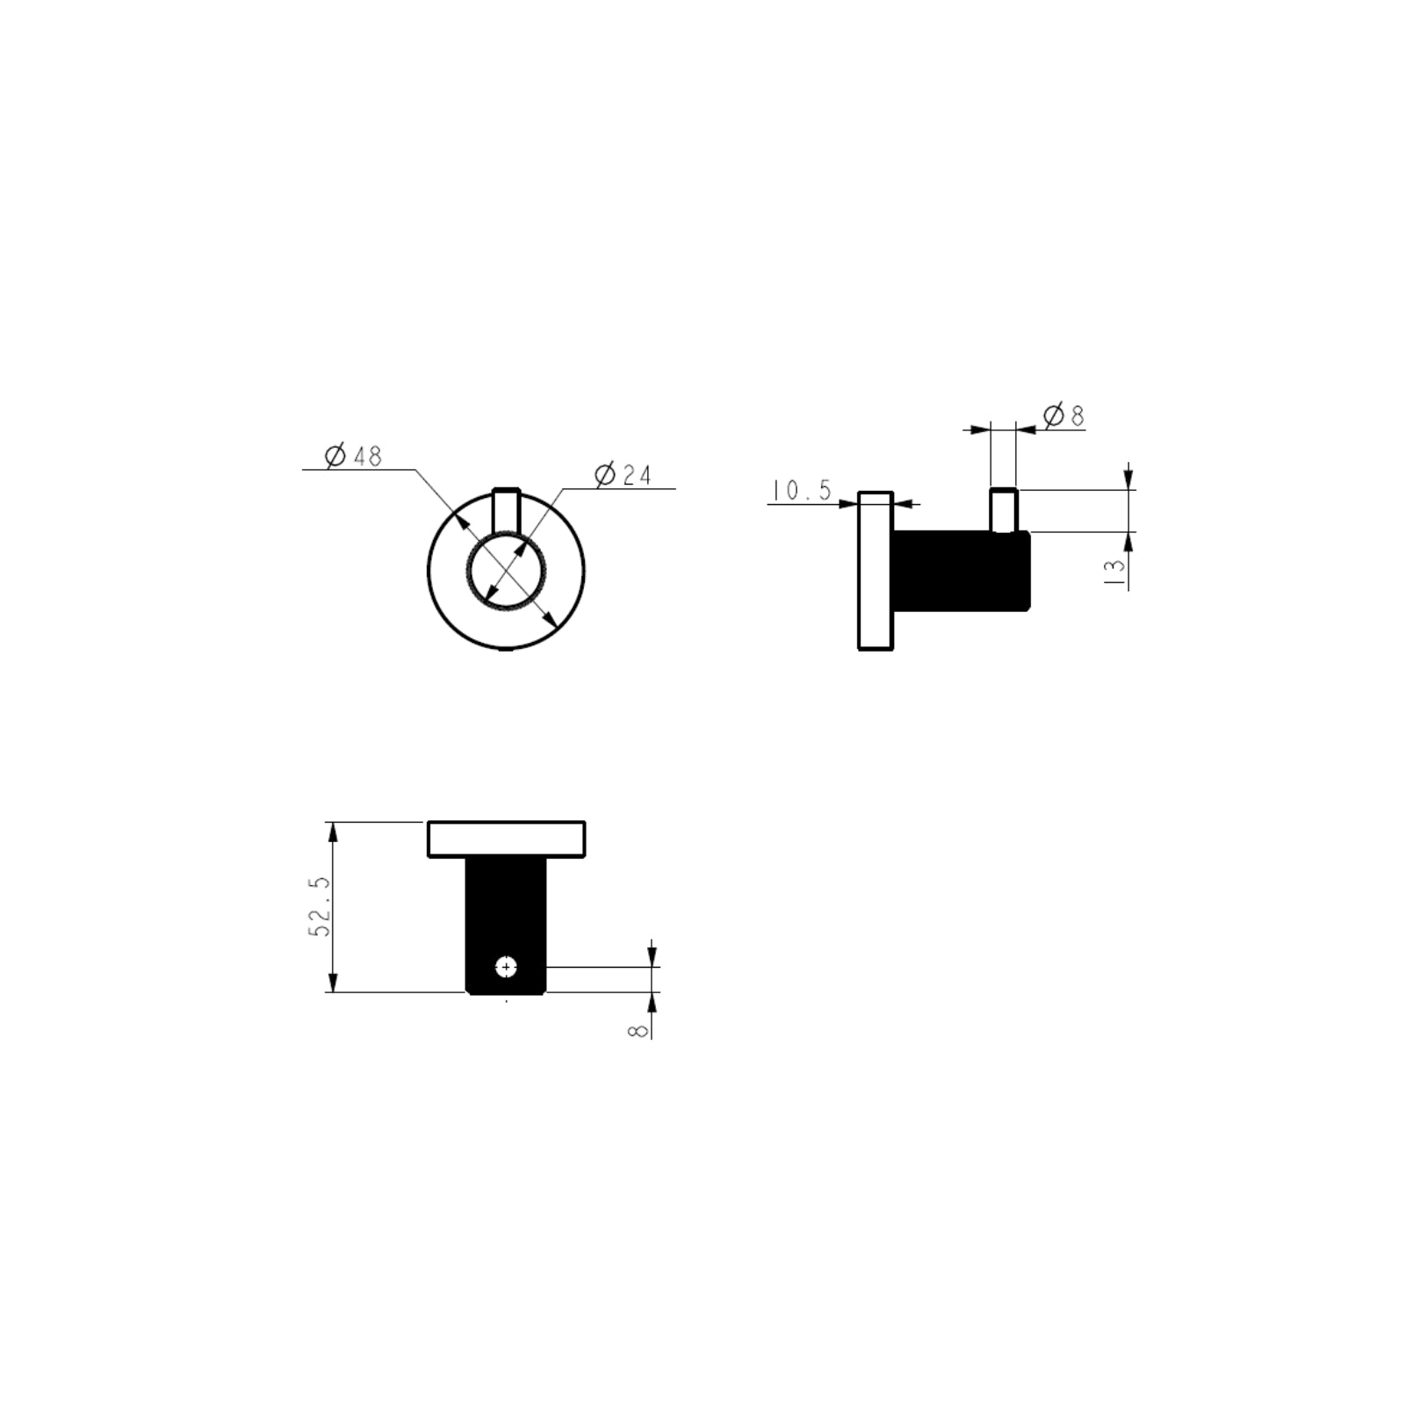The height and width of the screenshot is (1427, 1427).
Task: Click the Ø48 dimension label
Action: (353, 456)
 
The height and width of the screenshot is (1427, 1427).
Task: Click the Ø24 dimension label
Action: (623, 475)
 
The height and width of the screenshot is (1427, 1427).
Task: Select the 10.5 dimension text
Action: (802, 490)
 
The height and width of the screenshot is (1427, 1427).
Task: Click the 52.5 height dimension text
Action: (321, 906)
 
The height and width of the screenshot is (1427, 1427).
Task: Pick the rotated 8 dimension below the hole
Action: (638, 1029)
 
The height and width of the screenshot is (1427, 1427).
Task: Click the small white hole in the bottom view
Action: (507, 967)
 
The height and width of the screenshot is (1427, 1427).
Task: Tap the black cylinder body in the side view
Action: (961, 571)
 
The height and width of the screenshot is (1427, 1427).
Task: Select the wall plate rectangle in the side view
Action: (875, 571)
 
